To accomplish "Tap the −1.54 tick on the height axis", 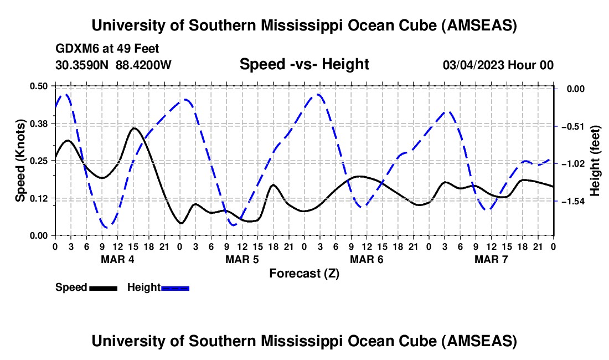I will pos(572,202).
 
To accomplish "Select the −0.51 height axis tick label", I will pos(572,126).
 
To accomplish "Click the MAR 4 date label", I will pos(117,259).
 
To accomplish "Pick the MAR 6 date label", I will pos(367,259).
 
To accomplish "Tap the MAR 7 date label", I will pos(491,259).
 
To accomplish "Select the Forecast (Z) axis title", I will pos(304,273).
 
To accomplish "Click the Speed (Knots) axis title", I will pos(20,160).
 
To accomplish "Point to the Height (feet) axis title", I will pos(596,161).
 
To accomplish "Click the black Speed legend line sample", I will pos(103,287).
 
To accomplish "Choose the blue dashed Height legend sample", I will pos(175,287).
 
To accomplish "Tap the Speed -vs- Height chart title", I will pos(304,64).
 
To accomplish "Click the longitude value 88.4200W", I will pos(143,65).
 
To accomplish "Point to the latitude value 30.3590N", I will pos(82,65).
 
